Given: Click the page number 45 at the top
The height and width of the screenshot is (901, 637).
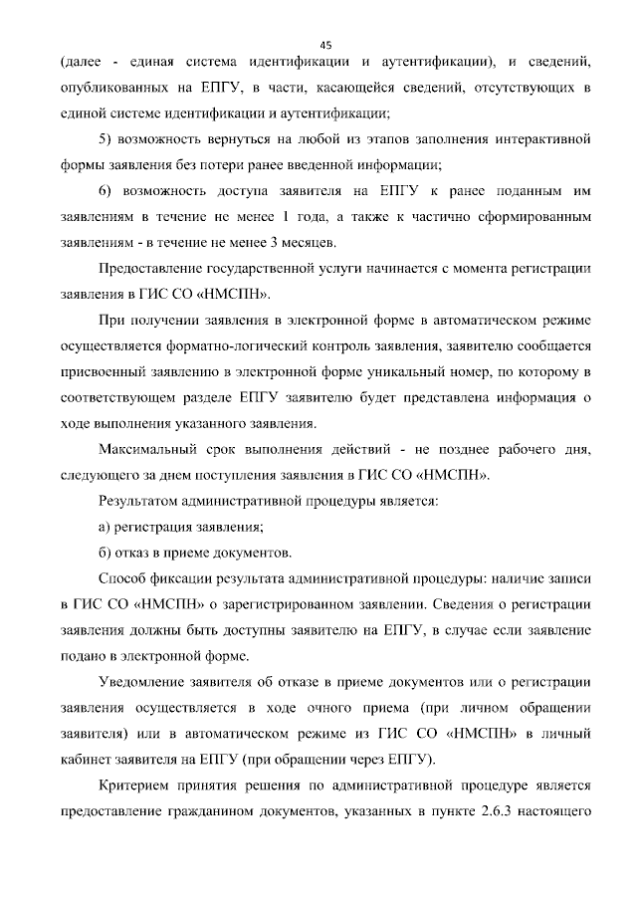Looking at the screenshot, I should pyautogui.click(x=325, y=44).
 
